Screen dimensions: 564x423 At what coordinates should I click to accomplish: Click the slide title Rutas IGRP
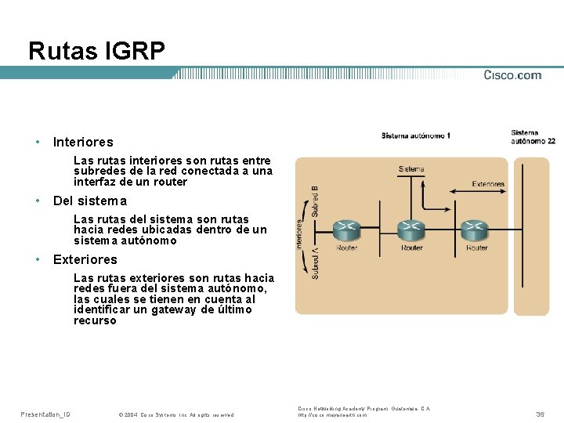(96, 52)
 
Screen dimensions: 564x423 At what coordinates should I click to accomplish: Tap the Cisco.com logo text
(512, 75)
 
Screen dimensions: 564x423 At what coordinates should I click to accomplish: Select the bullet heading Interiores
(83, 143)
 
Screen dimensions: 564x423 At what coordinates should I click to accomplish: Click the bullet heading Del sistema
(89, 201)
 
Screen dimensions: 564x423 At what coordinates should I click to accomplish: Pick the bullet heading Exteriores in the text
(85, 259)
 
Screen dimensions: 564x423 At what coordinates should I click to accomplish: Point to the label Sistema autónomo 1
(415, 136)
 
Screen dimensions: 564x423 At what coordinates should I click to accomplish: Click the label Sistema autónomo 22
(533, 137)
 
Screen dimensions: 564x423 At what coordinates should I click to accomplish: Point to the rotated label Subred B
(314, 201)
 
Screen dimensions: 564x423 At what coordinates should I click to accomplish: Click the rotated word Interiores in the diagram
(299, 233)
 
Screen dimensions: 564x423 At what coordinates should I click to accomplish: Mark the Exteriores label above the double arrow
(488, 185)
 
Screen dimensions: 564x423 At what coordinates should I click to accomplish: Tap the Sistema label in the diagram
(411, 168)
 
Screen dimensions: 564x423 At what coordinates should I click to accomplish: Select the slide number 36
(540, 414)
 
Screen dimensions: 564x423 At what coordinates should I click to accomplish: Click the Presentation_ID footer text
(45, 414)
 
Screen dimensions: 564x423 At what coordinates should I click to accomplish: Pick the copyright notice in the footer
(175, 414)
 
